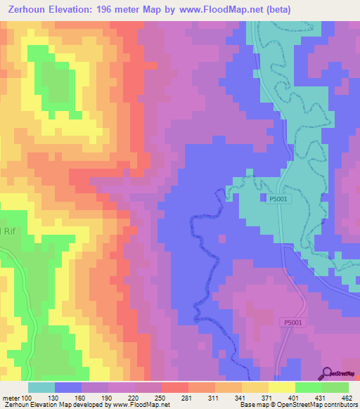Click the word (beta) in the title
tap(287, 8)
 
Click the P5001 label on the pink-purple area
tap(296, 322)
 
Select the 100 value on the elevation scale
tap(26, 397)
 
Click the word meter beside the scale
tap(10, 397)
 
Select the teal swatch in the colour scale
tap(41, 387)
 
